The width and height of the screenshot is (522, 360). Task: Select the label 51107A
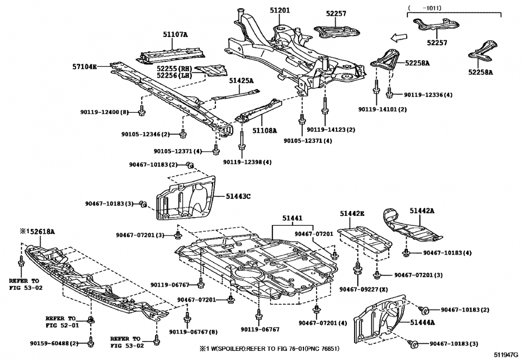(175, 35)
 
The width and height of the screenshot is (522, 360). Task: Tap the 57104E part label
(84, 66)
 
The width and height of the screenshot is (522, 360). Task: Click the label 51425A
(241, 80)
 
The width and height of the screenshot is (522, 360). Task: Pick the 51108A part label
(265, 131)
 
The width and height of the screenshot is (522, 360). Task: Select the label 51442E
(352, 214)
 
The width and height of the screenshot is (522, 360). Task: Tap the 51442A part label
(421, 211)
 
